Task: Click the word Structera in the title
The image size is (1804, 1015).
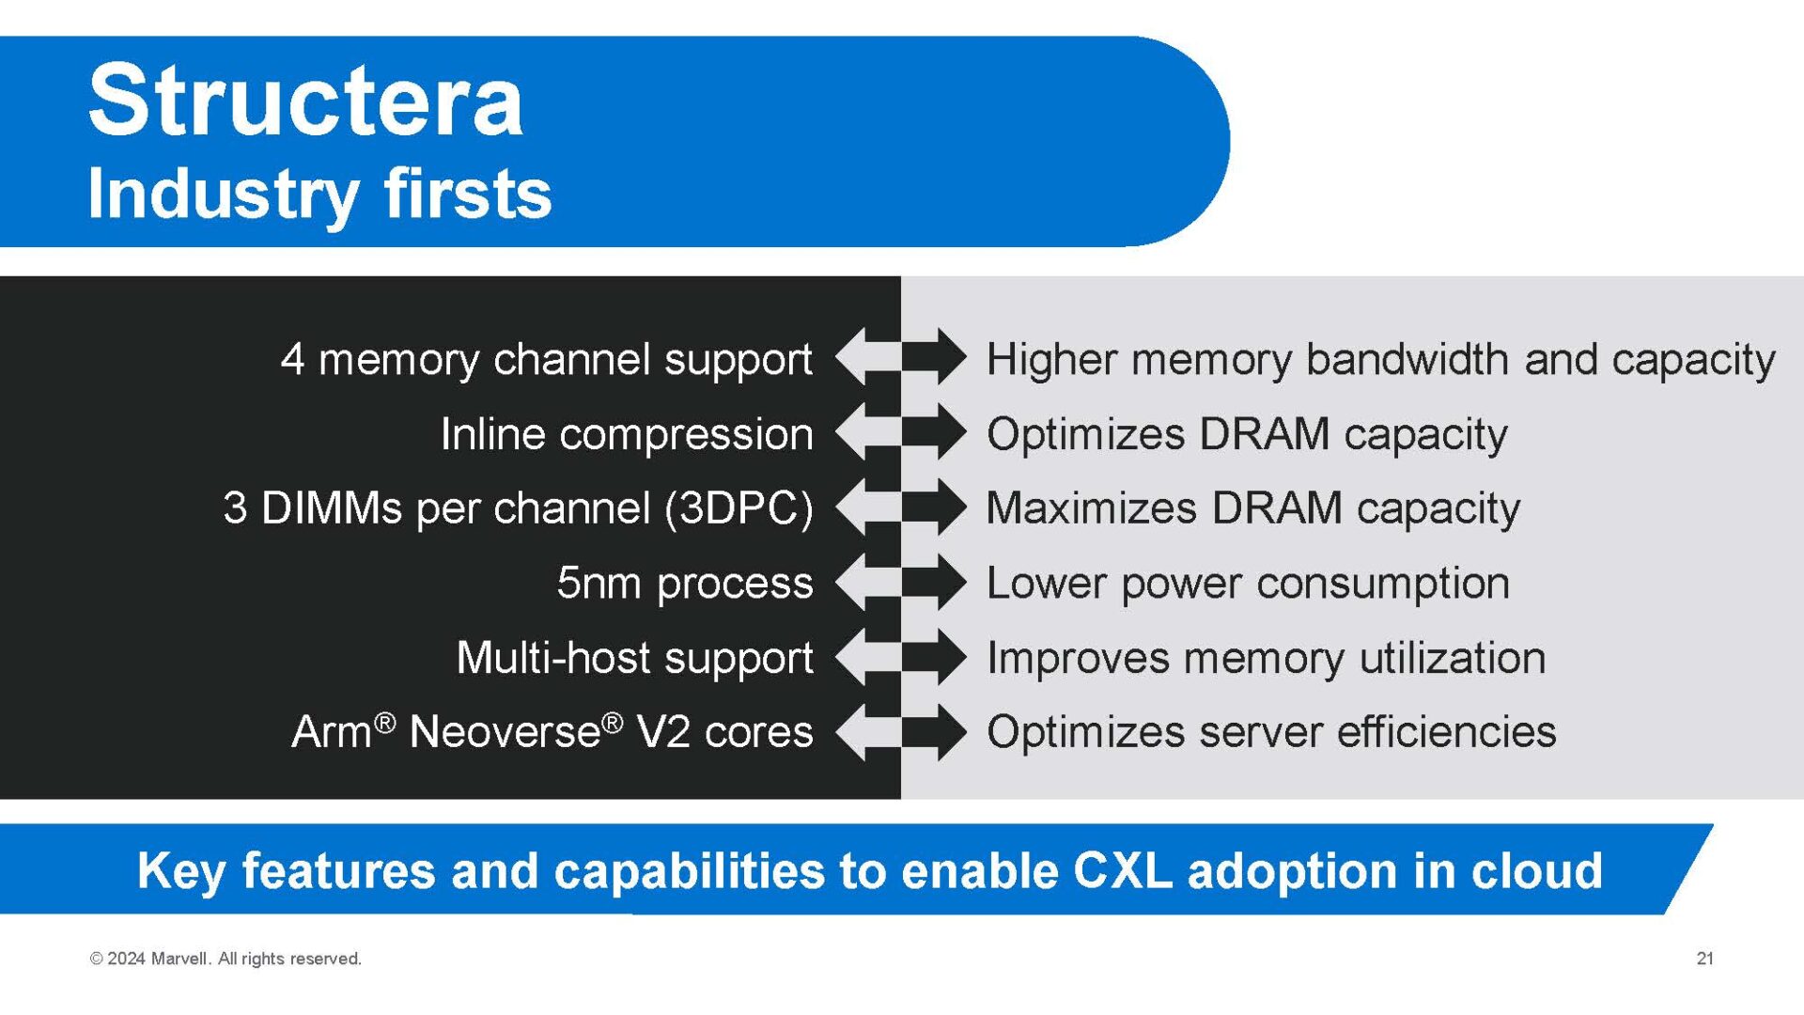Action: coord(305,101)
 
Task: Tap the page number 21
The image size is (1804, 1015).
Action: coord(1704,959)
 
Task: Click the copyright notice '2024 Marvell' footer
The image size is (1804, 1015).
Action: coord(225,959)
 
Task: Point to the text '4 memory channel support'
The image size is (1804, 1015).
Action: coord(546,360)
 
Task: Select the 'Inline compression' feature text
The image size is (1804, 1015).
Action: coord(627,434)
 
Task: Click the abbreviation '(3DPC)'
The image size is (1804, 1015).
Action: coord(739,508)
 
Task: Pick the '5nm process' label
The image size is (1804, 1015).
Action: coord(685,583)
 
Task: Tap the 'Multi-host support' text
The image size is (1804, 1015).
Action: coord(634,658)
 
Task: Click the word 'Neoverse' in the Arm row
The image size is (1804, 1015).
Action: coord(505,732)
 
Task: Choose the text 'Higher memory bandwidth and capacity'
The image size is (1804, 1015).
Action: coord(1380,360)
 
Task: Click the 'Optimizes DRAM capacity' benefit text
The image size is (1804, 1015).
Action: coord(1247,434)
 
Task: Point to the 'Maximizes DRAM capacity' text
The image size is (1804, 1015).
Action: coord(1252,508)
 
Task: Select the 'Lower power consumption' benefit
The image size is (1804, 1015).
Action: coord(1248,583)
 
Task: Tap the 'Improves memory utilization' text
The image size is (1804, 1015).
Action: coord(1266,658)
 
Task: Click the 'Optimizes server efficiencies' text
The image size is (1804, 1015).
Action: coord(1271,732)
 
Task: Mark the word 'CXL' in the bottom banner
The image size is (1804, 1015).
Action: coord(1122,870)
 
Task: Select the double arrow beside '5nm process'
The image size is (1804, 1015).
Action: coord(900,583)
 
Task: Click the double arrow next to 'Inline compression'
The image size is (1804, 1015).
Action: coord(900,432)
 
